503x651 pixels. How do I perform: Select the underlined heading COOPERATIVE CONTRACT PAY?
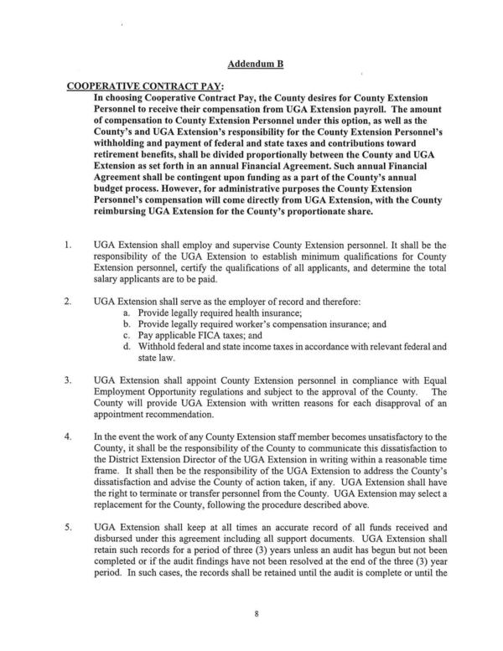pyautogui.click(x=136, y=86)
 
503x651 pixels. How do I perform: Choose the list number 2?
pyautogui.click(x=65, y=300)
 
